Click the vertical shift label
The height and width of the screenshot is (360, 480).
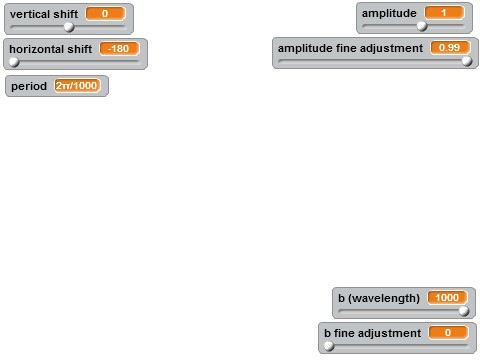(43, 14)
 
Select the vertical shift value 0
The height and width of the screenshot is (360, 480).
(104, 14)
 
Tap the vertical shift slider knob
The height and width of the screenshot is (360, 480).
(69, 27)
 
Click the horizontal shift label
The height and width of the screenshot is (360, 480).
(50, 48)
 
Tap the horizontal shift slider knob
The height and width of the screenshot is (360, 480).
(13, 61)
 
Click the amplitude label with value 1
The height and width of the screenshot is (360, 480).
(389, 13)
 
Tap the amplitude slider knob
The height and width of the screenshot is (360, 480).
(422, 27)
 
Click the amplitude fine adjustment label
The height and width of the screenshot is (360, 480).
(350, 47)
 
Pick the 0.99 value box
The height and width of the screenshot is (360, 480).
(449, 47)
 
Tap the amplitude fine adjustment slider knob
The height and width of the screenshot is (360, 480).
(467, 61)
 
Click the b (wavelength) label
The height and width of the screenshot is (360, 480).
(378, 297)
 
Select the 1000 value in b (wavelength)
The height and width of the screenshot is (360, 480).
(446, 297)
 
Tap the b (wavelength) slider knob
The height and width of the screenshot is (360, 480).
(463, 311)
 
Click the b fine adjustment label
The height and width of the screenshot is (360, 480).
(371, 331)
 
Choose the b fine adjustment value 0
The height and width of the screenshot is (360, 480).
(448, 331)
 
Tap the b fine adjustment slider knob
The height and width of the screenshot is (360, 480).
(328, 345)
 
